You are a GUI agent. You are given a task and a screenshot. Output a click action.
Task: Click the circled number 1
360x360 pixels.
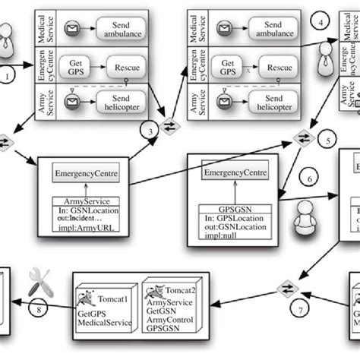click(9, 76)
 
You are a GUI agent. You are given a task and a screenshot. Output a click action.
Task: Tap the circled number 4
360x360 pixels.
click(324, 22)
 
